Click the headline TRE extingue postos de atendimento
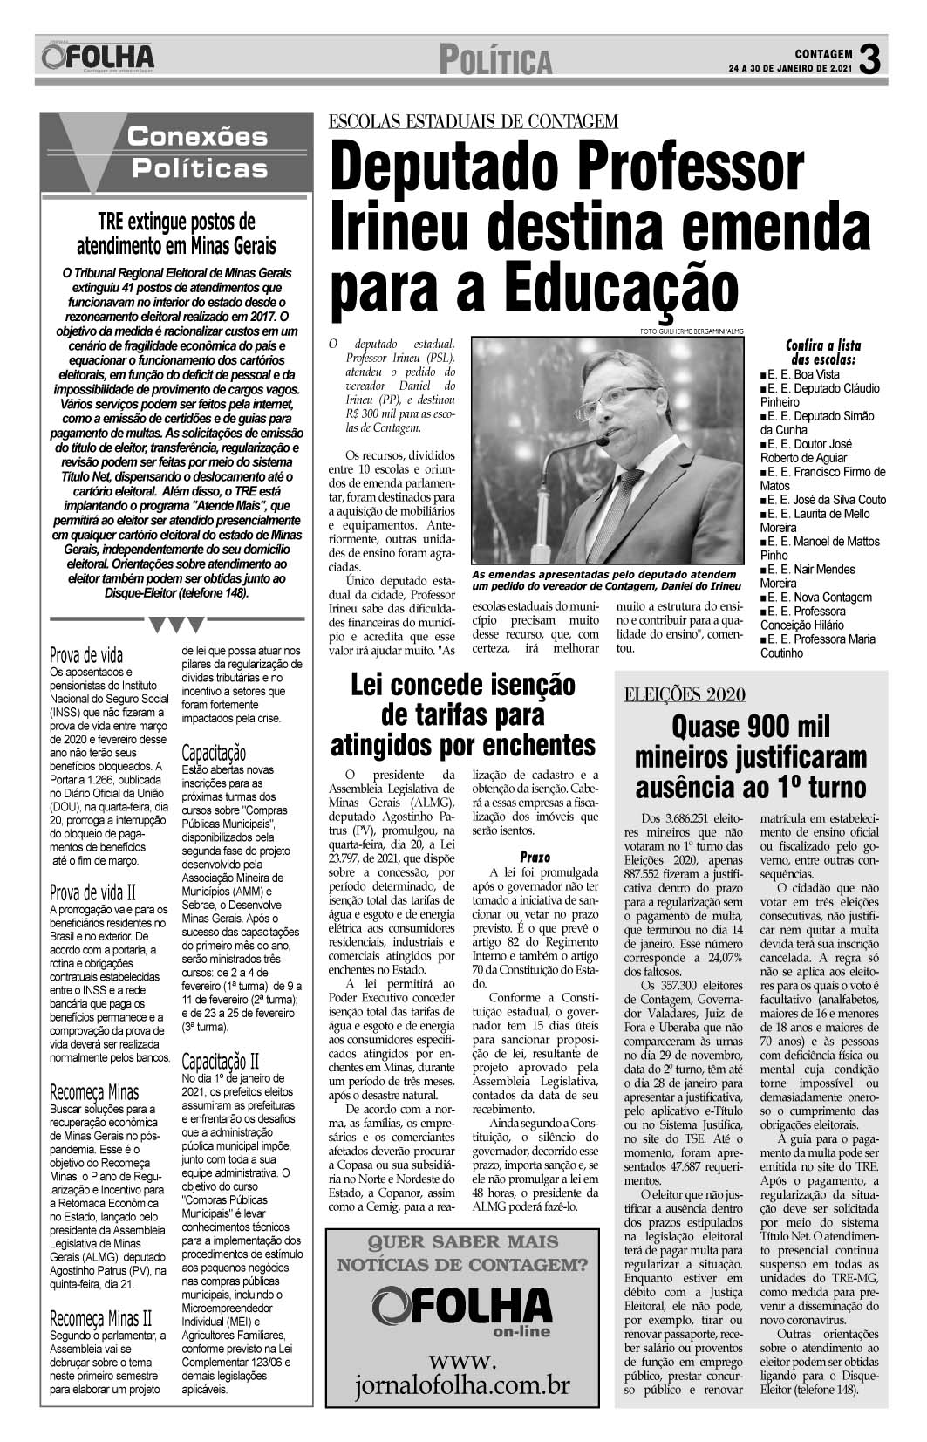(x=175, y=232)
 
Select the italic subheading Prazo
(x=535, y=857)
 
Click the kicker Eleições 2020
(x=685, y=694)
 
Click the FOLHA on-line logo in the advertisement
(x=462, y=1309)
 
